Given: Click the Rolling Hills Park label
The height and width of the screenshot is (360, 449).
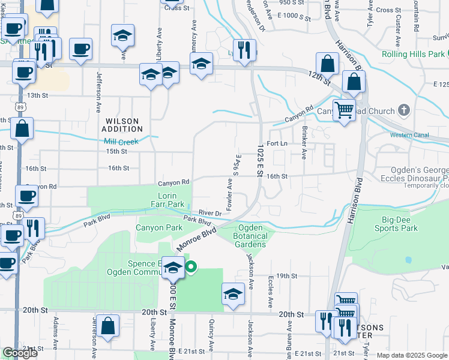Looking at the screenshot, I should coord(412,54).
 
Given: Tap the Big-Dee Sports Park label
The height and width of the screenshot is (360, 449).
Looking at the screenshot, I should coord(396,224).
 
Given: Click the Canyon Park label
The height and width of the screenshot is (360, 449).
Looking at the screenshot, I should coord(158,227).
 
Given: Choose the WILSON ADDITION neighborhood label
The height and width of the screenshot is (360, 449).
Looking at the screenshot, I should coord(122,125).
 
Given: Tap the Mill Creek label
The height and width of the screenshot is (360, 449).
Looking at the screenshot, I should coord(121,142).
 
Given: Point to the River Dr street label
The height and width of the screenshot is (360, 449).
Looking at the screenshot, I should coord(210,212).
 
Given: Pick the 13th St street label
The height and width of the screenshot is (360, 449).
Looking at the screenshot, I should coord(37,95).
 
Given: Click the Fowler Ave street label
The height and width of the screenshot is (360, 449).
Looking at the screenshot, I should coord(229,194).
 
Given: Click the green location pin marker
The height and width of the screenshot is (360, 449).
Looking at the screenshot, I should coord(191,267).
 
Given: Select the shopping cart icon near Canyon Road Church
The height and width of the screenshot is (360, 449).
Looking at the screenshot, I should coord(343,109).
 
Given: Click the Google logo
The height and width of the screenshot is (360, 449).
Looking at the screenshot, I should coord(20,353).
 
